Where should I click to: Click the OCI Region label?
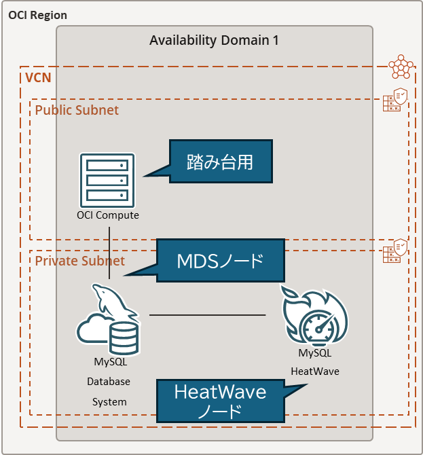point(38,15)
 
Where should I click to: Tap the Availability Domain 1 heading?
point(214,40)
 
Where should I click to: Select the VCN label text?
point(37,77)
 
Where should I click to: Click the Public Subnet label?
point(77,110)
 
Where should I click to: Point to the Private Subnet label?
point(80,261)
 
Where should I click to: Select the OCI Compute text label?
point(108,215)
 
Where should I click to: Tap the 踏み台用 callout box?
point(220,162)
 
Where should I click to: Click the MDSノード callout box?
point(219,260)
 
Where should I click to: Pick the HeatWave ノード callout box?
point(220,401)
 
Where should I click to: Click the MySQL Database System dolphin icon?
point(109,320)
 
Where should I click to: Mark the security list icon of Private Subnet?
point(394,251)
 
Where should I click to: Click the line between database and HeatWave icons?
point(207,315)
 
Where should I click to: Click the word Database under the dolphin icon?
point(109,382)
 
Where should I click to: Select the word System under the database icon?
point(109,401)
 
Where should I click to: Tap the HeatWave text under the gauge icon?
point(314,371)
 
